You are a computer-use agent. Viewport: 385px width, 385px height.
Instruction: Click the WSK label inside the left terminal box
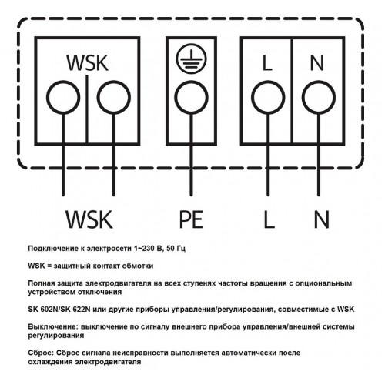88,62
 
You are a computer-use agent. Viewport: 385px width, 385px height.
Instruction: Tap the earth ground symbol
191,61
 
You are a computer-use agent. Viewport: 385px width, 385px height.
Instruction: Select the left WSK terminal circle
63,98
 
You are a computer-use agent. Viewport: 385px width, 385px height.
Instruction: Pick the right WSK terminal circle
114,98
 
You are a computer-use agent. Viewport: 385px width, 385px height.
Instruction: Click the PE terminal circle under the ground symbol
191,98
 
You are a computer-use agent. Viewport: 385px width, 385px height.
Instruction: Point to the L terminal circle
268,98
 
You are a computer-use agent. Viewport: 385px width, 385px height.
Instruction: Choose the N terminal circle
319,98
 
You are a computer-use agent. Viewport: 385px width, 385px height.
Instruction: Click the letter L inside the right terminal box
267,63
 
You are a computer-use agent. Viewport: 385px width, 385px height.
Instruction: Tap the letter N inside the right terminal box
317,63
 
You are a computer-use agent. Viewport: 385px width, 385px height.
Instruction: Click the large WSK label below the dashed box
89,219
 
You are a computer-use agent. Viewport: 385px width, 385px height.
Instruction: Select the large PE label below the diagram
192,219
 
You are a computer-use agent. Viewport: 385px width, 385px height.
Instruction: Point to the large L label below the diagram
269,219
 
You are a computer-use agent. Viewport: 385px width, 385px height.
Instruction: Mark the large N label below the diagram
322,219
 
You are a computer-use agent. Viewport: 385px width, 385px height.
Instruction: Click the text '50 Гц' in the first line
176,249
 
